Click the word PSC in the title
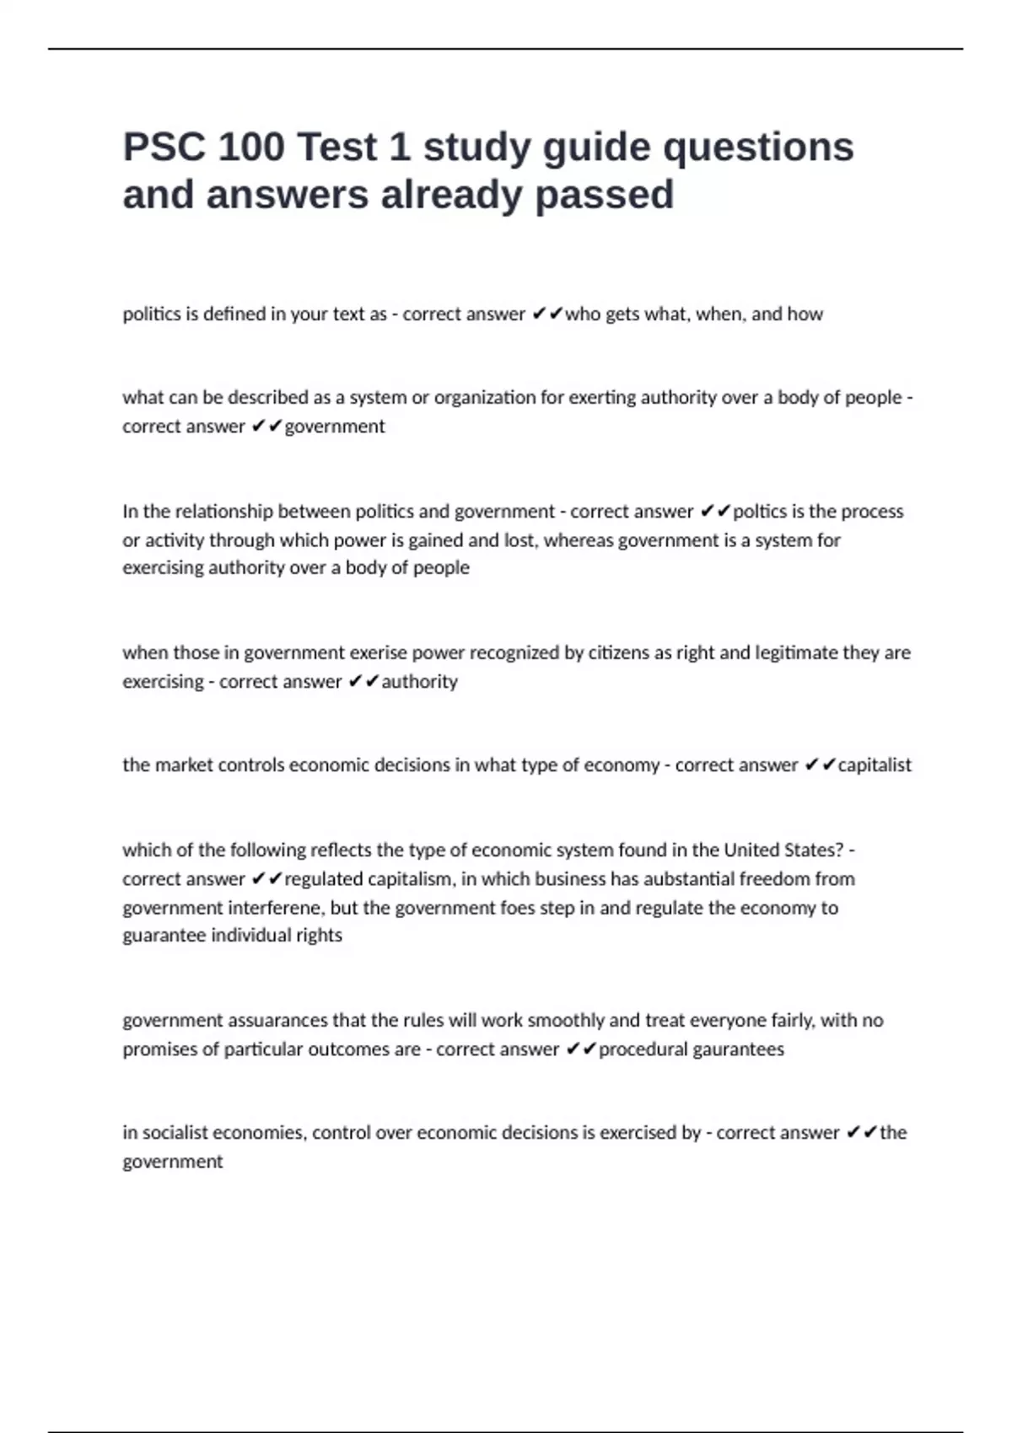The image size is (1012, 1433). click(164, 148)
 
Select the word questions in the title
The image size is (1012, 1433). click(758, 148)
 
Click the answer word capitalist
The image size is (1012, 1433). click(875, 765)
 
